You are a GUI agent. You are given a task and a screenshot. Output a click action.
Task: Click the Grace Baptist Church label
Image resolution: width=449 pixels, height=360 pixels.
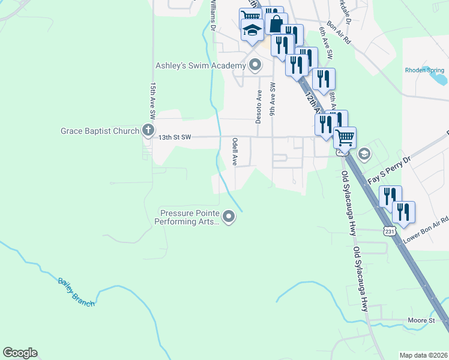(100, 130)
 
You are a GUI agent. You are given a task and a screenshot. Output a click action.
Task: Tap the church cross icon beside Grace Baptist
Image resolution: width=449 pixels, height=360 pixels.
(148, 130)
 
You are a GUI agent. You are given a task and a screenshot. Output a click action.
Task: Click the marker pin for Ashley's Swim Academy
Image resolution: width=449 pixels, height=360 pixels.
(255, 65)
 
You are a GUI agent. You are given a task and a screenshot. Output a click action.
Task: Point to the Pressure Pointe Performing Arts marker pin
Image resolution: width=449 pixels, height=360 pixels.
(228, 217)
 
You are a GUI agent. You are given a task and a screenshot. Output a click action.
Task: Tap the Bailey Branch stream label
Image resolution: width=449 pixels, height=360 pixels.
(76, 292)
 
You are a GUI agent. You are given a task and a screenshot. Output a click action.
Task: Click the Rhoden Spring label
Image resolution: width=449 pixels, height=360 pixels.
(424, 70)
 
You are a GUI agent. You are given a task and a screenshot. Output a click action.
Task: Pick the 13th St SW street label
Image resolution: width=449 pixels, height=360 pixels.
(174, 137)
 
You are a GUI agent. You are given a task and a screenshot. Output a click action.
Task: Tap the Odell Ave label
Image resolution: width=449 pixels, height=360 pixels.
(235, 152)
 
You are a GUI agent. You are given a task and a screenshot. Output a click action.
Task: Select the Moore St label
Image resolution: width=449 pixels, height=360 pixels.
(421, 321)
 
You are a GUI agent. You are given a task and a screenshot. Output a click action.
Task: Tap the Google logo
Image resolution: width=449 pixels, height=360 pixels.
(20, 353)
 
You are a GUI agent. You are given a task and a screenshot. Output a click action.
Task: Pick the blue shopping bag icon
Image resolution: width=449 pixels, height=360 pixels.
(276, 23)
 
